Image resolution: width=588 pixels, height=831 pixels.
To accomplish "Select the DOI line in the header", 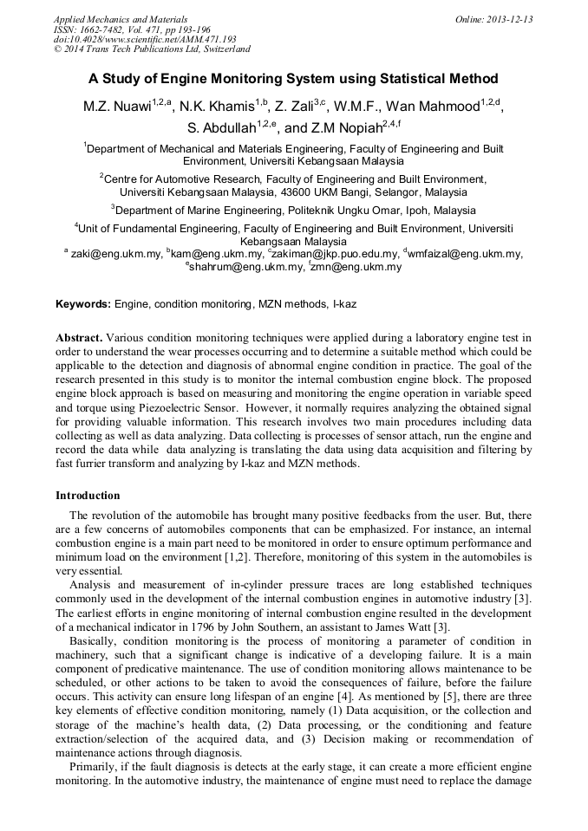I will tap(145, 39).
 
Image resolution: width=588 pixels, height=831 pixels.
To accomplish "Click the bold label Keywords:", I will tap(83, 305).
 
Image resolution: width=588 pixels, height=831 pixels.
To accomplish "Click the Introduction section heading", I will tap(88, 496).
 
